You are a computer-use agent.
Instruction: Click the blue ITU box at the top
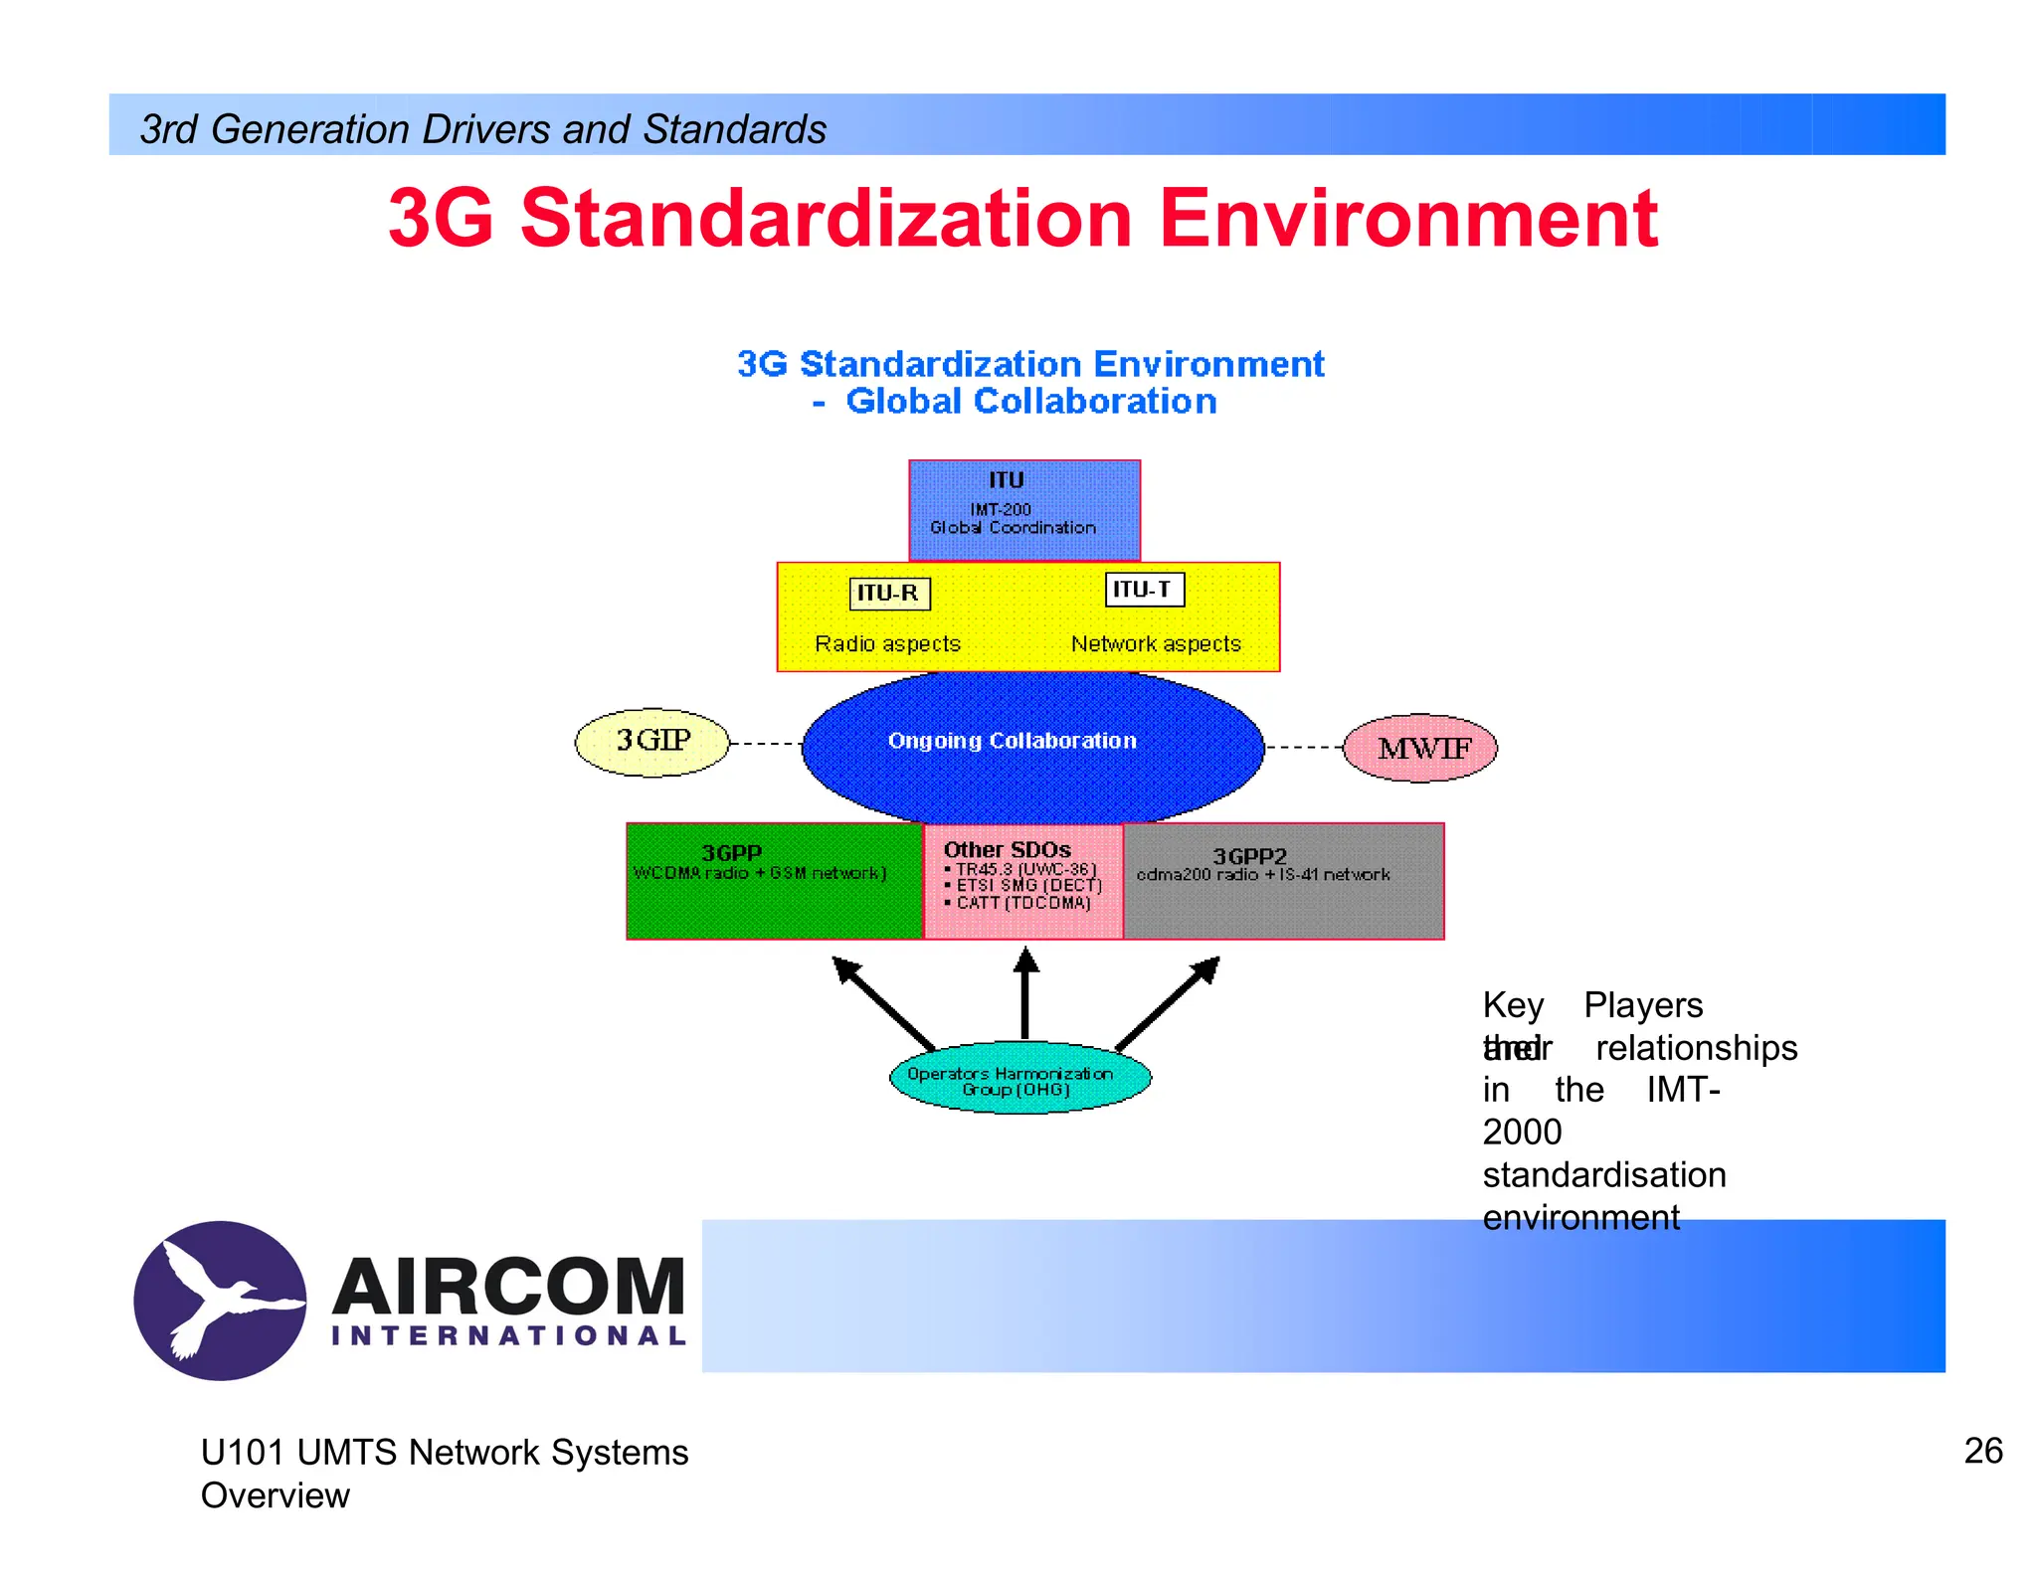pyautogui.click(x=1023, y=509)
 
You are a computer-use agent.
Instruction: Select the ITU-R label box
pyautogui.click(x=889, y=594)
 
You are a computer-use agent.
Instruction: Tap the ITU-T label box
pyautogui.click(x=1144, y=590)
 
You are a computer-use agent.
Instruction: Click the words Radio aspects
pyautogui.click(x=887, y=643)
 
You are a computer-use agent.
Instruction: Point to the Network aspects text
pyautogui.click(x=1156, y=643)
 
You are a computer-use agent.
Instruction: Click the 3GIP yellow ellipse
pyautogui.click(x=652, y=742)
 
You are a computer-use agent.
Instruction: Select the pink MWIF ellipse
pyautogui.click(x=1420, y=748)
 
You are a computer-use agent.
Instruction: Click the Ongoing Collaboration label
pyautogui.click(x=1012, y=741)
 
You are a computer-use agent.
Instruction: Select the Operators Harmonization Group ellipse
pyautogui.click(x=1018, y=1079)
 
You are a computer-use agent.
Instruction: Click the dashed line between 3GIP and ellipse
pyautogui.click(x=765, y=744)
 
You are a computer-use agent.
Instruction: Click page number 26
pyautogui.click(x=1982, y=1451)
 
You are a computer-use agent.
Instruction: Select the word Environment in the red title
pyautogui.click(x=1407, y=219)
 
